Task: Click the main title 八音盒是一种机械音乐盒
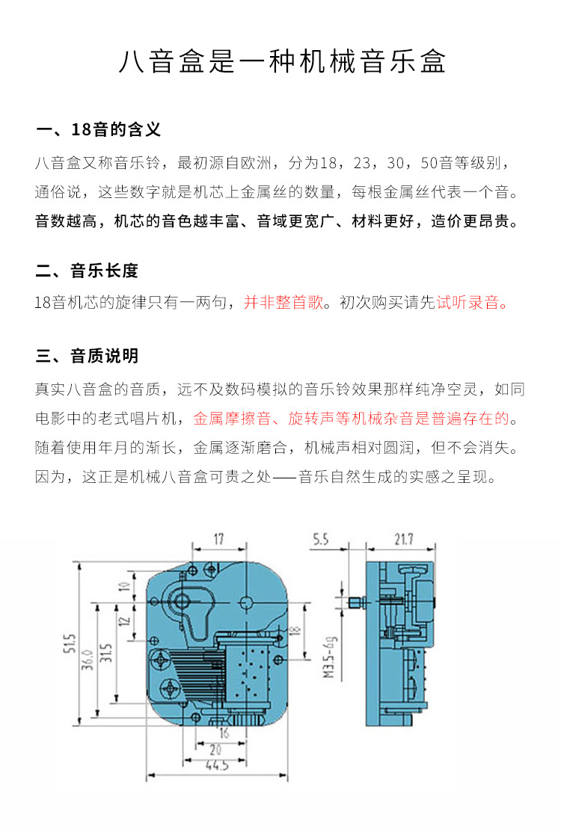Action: click(281, 62)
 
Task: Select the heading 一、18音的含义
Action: click(98, 129)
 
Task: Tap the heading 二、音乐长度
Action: click(87, 271)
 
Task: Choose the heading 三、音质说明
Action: click(87, 356)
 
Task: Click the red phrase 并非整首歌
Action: click(283, 303)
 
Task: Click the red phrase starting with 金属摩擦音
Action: click(355, 418)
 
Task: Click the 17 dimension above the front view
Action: click(218, 539)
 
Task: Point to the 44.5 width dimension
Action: click(216, 765)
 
